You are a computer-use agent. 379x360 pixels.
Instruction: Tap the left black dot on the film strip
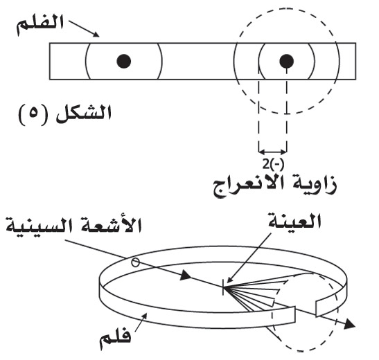[x=124, y=61]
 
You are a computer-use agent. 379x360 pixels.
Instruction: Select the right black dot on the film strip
[x=287, y=61]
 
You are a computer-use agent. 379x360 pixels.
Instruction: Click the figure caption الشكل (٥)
[x=64, y=115]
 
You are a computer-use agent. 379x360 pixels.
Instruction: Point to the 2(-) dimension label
[x=273, y=165]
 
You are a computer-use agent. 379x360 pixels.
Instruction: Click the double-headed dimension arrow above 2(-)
[x=273, y=152]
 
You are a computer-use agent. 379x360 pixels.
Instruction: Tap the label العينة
[x=295, y=221]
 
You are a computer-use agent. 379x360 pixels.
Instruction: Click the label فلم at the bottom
[x=115, y=341]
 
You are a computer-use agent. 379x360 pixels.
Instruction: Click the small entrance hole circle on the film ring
[x=135, y=262]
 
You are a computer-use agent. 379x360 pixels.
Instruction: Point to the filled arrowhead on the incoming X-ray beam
[x=186, y=276]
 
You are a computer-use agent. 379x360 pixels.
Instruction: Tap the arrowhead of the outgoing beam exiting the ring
[x=349, y=323]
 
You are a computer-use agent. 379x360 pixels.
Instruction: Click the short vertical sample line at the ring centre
[x=223, y=287]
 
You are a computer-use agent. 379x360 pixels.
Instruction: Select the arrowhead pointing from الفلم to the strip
[x=96, y=35]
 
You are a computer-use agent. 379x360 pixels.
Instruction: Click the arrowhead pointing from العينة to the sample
[x=229, y=280]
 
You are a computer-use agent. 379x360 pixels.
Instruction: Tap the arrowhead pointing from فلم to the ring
[x=144, y=316]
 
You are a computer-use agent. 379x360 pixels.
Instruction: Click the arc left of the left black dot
[x=87, y=61]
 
